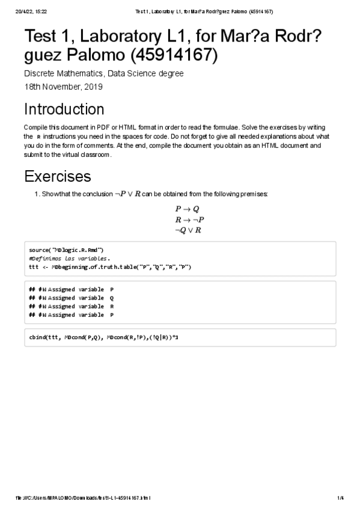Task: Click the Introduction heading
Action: pyautogui.click(x=64, y=109)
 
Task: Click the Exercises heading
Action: pyautogui.click(x=57, y=176)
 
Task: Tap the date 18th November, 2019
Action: pyautogui.click(x=63, y=87)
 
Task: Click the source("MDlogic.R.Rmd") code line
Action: pyautogui.click(x=67, y=250)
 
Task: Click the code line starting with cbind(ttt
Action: pyautogui.click(x=103, y=337)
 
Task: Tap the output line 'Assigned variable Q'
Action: pyautogui.click(x=71, y=298)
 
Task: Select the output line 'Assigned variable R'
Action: pyautogui.click(x=71, y=306)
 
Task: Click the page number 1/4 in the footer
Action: pyautogui.click(x=340, y=498)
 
